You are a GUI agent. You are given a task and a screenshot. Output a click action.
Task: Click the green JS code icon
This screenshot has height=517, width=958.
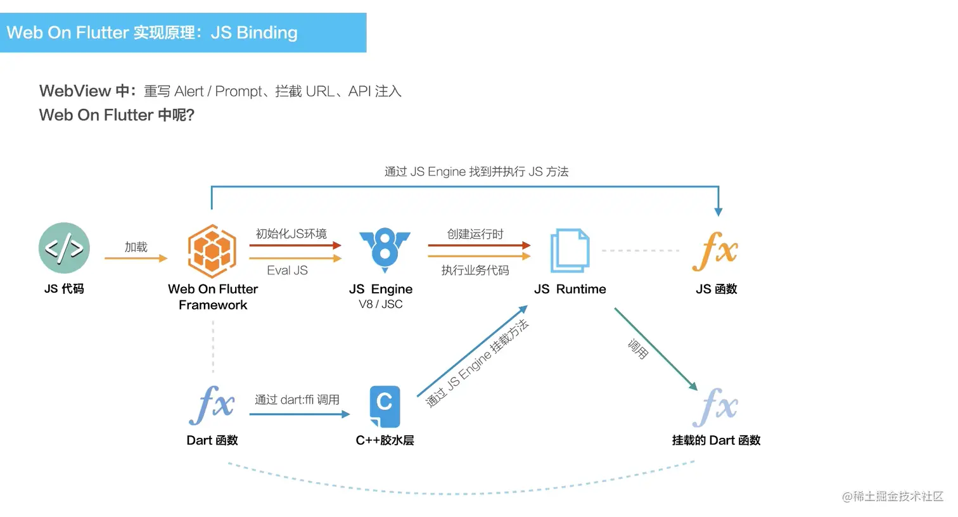[64, 248]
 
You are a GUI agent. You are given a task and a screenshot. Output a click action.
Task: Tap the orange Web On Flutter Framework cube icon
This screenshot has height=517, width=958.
[212, 251]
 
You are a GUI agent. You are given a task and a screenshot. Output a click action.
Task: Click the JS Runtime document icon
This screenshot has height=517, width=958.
[570, 251]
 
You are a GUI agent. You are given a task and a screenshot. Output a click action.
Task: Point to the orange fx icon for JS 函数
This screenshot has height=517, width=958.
[715, 251]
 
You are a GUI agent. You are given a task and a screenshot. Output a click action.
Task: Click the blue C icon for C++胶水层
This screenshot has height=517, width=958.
[385, 407]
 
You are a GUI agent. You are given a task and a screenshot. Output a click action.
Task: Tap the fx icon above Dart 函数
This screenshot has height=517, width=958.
[212, 405]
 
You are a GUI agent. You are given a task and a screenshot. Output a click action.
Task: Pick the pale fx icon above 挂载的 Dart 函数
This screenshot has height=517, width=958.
[715, 407]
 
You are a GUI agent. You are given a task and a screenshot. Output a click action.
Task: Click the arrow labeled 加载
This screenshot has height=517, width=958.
[136, 258]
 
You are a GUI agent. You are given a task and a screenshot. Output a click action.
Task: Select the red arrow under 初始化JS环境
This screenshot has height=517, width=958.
[295, 245]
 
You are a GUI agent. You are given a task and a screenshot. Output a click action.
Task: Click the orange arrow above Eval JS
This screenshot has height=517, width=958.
[295, 258]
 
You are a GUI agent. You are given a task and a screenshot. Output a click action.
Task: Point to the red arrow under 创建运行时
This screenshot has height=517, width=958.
[480, 245]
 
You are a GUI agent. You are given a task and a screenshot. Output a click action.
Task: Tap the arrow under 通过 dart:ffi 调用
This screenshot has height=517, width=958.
[300, 414]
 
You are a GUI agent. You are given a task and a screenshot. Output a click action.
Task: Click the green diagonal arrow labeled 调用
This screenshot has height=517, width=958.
[656, 349]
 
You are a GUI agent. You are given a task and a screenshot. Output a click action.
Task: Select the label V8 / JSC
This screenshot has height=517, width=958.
[381, 304]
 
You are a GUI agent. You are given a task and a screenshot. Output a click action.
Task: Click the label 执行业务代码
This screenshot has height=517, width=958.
[475, 271]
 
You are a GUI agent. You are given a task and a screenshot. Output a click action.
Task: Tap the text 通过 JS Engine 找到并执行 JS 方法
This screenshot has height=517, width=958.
[476, 172]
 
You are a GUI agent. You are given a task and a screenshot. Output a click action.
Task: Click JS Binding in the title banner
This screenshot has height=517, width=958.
[254, 32]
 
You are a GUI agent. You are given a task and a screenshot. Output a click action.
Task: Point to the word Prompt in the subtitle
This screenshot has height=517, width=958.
[238, 91]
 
